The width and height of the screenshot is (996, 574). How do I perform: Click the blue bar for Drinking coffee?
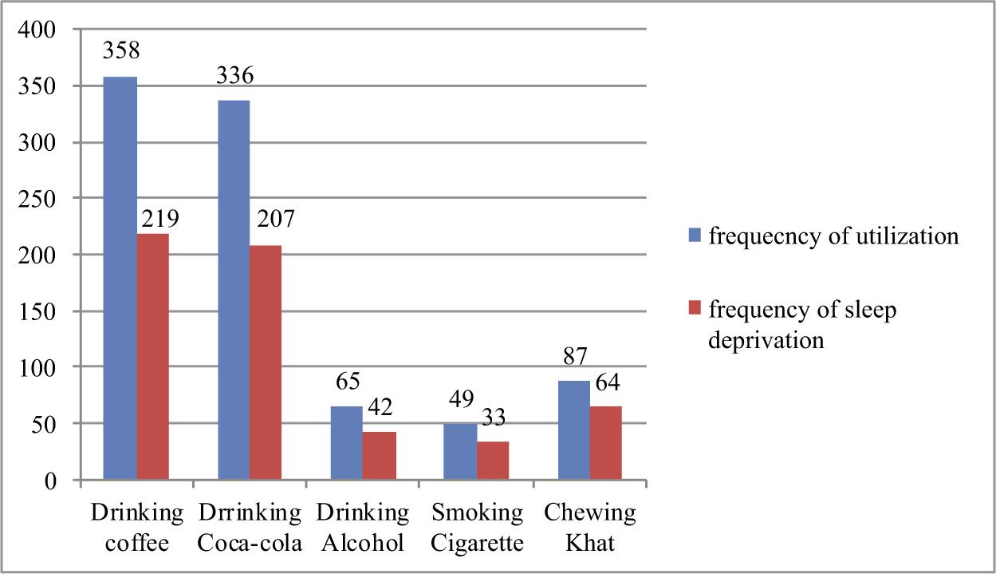[x=120, y=279]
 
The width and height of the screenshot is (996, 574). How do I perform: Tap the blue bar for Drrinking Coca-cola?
[x=233, y=291]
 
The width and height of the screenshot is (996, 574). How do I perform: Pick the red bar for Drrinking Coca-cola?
[x=266, y=363]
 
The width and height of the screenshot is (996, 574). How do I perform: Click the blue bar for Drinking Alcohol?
[x=346, y=443]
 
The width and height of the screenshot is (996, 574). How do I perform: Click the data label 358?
[x=121, y=51]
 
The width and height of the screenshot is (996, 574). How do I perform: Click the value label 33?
[x=491, y=417]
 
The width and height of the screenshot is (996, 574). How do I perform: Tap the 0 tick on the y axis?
[x=50, y=481]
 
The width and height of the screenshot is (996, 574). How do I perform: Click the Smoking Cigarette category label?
[x=476, y=528]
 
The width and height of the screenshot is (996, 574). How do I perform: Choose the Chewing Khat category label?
[x=589, y=528]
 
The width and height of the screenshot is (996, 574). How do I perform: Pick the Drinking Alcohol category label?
[x=363, y=528]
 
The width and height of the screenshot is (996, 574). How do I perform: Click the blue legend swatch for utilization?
[x=694, y=236]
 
